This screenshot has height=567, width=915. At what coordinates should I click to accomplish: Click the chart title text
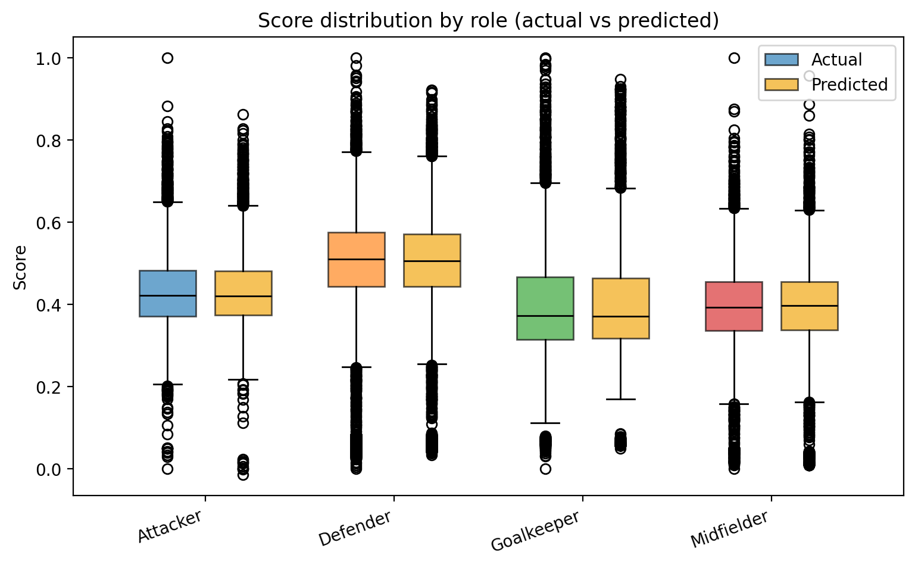click(x=488, y=21)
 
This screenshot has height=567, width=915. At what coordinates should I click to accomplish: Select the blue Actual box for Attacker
click(x=167, y=293)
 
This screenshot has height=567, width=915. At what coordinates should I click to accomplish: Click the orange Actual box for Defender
click(x=356, y=259)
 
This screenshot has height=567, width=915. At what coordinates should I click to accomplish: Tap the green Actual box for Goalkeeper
click(x=545, y=308)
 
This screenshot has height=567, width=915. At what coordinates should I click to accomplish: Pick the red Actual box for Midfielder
click(x=733, y=306)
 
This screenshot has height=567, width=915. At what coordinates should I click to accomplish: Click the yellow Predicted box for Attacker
click(x=243, y=293)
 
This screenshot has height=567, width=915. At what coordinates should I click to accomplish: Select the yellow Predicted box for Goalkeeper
click(x=621, y=308)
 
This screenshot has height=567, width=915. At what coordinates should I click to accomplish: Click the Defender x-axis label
click(x=355, y=528)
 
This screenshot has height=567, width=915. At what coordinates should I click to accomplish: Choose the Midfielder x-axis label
click(x=729, y=529)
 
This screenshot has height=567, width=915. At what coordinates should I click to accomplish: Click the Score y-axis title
click(x=21, y=267)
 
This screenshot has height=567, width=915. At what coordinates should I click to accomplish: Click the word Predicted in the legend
click(x=850, y=85)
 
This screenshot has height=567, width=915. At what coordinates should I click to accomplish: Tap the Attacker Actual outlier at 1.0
click(x=167, y=58)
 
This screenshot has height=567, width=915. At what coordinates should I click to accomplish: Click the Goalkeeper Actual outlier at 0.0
click(x=545, y=469)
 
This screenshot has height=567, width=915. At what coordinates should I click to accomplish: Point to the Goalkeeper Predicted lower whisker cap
click(x=621, y=399)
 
